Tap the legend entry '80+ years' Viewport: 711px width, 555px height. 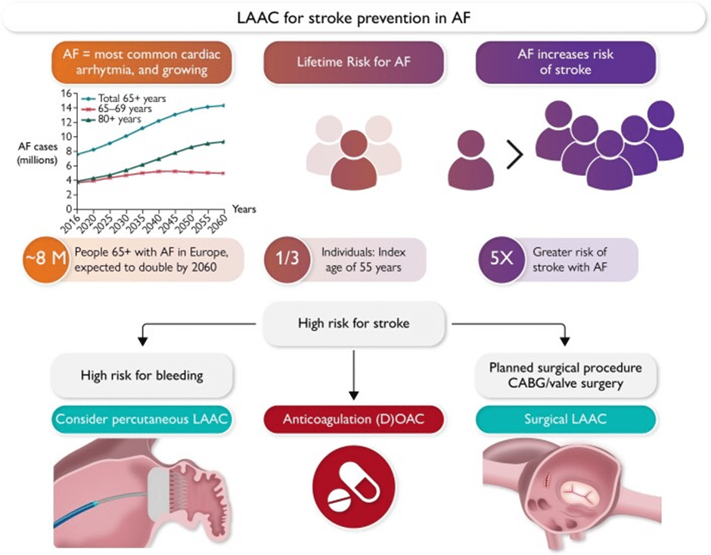tap(122, 118)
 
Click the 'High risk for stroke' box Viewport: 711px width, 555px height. tap(355, 324)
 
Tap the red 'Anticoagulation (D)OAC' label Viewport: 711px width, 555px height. tap(355, 419)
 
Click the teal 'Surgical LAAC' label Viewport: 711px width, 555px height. tap(564, 419)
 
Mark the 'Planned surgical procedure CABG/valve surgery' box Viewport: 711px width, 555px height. tap(564, 374)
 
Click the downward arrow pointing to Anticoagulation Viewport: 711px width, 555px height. tap(354, 378)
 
